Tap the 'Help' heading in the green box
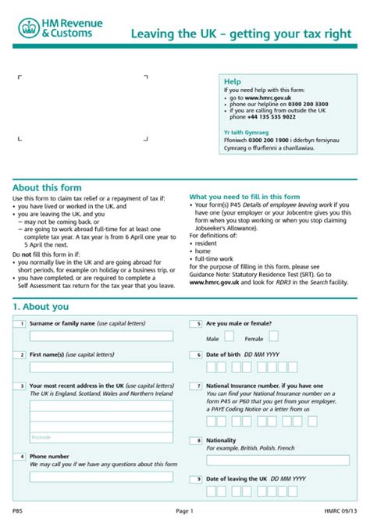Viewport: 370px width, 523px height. tap(233, 81)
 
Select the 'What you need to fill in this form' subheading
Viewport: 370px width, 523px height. tap(244, 196)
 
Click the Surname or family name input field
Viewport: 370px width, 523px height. tap(101, 336)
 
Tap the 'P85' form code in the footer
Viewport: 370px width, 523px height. tap(18, 510)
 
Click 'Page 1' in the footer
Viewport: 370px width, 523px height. tap(184, 510)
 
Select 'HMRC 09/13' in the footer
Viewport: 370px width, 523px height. tap(340, 510)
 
